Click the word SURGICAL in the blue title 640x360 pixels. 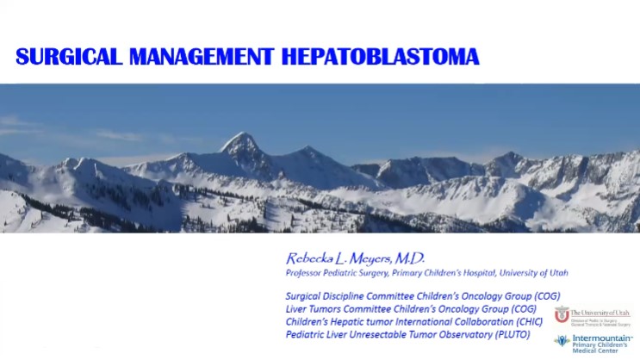(69, 57)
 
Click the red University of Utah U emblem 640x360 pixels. (562, 315)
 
